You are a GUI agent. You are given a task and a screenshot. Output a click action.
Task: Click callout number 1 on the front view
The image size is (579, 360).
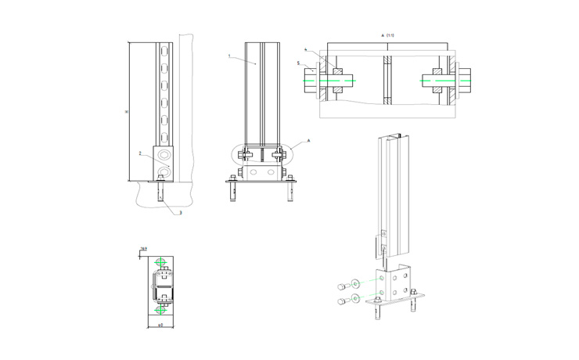point(229,56)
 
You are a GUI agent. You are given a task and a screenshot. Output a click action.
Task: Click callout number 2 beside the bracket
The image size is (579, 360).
point(139,153)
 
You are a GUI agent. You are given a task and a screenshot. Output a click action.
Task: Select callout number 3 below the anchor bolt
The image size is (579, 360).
point(181,212)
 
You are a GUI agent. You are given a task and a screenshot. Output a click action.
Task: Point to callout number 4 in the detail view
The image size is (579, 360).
point(306,49)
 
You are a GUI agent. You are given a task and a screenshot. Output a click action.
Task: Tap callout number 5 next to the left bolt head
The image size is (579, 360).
point(298,63)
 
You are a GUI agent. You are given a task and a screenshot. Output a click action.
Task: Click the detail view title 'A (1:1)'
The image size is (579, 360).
point(387,35)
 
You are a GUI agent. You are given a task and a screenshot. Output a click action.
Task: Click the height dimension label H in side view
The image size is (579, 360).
point(127,111)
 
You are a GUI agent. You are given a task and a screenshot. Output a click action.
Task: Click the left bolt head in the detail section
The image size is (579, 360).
point(309,78)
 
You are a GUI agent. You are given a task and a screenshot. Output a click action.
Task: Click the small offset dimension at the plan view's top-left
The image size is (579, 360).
point(142,249)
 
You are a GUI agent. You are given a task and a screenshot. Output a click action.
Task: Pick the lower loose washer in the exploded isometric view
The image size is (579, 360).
point(357,297)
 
